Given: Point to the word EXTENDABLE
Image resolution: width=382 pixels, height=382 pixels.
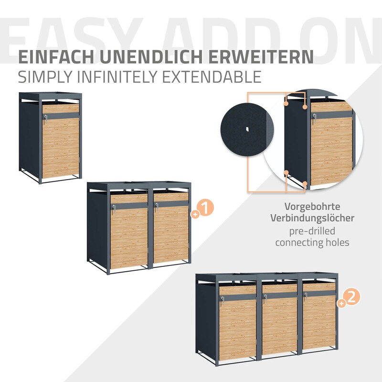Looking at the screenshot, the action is [212, 77].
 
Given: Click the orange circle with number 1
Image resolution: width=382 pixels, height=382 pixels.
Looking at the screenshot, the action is [206, 208].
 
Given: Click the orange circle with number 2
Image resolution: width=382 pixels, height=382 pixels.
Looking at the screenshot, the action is [351, 298].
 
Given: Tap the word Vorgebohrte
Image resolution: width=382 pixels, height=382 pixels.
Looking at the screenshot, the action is [312, 207].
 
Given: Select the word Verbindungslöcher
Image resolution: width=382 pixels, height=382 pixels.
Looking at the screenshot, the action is [312, 218].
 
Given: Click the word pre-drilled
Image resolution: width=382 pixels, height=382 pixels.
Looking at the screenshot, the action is [312, 231].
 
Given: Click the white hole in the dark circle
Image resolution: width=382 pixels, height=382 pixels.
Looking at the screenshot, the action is [247, 128].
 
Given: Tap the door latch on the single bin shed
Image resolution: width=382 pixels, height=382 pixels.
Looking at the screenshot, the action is [45, 118].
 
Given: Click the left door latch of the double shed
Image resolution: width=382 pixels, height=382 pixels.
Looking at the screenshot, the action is [114, 209].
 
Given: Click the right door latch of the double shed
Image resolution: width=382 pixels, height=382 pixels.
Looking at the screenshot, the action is [157, 207].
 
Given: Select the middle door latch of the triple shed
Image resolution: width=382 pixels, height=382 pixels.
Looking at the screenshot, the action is [265, 297].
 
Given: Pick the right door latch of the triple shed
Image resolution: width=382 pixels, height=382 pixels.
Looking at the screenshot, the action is [305, 296].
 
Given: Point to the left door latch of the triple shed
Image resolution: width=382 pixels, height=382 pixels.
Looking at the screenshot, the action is [223, 300].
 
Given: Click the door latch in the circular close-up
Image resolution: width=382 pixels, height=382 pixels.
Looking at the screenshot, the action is [315, 118].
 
